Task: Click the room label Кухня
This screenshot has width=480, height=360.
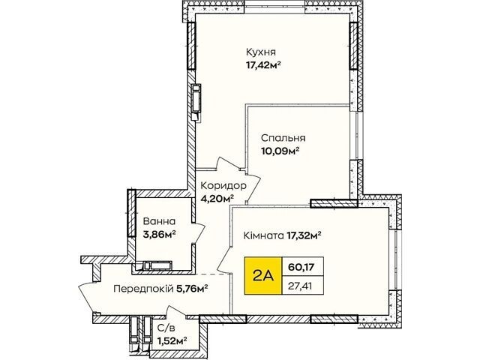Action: [x=261, y=52]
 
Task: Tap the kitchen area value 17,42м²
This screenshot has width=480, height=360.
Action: [x=263, y=65]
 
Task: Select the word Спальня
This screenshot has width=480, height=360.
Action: [x=283, y=138]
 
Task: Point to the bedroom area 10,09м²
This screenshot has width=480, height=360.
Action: [x=280, y=151]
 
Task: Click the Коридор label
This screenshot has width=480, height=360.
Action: [x=223, y=185]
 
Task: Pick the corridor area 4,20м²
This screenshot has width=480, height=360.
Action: [x=217, y=199]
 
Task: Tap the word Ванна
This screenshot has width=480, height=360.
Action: [x=159, y=221]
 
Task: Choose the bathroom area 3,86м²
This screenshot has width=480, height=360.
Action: [x=159, y=234]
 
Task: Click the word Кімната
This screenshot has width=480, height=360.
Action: [x=263, y=235]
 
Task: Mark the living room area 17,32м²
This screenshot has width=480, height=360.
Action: [x=304, y=235]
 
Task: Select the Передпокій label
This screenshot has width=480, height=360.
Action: [x=143, y=288]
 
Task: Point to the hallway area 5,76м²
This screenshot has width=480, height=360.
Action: [x=193, y=288]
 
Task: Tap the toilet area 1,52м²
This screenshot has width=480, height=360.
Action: [x=172, y=341]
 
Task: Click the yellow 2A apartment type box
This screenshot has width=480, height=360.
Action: [x=263, y=276]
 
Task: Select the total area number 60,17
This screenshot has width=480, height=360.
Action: [x=301, y=267]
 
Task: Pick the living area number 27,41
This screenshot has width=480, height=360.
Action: [x=301, y=286]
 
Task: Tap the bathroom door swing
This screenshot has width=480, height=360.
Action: [x=199, y=233]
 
